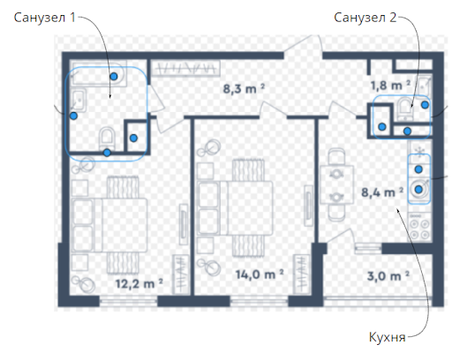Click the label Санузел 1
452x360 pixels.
tap(45, 18)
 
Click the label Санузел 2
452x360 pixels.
tap(365, 18)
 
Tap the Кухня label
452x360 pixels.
tap(388, 337)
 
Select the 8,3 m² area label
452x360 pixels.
tap(244, 88)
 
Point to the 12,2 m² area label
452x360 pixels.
tap(139, 283)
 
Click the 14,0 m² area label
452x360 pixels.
tap(260, 274)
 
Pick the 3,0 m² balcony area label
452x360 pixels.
tap(388, 276)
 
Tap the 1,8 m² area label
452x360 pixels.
tap(390, 86)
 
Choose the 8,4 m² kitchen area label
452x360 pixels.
tap(382, 192)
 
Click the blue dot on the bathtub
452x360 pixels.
tap(114, 77)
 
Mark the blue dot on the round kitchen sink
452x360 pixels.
tap(418, 190)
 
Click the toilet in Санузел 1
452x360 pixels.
tap(107, 138)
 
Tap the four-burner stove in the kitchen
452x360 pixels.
tap(419, 229)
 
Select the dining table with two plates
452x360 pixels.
tap(336, 185)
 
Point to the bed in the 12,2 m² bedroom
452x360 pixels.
tap(109, 225)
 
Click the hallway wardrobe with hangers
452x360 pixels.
tap(186, 69)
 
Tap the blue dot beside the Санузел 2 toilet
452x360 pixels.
tap(425, 105)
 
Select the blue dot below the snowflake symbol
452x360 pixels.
tap(418, 169)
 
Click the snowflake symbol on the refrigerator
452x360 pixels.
tap(419, 151)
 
